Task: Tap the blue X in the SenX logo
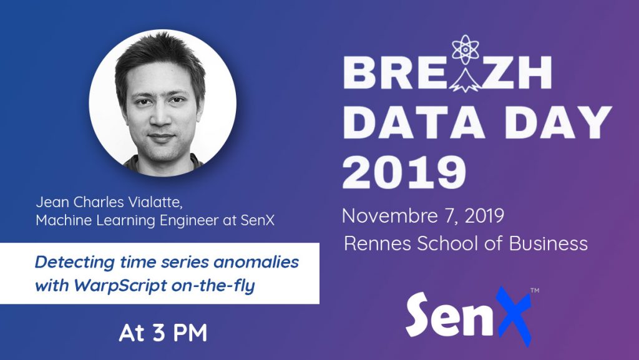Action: click(x=510, y=316)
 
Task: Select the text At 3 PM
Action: click(x=163, y=333)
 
